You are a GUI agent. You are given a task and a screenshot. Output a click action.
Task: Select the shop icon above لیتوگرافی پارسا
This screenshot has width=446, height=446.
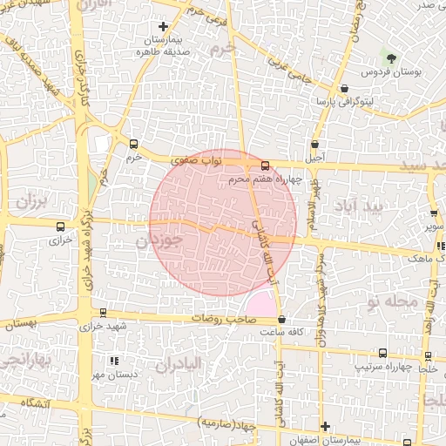click(x=345, y=88)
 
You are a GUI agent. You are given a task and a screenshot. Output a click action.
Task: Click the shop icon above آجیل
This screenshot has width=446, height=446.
click(x=314, y=144)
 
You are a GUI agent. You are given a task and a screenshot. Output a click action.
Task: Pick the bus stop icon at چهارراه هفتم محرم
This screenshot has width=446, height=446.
click(x=265, y=166)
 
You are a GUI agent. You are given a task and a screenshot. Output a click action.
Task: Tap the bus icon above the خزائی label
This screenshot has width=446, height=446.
click(x=59, y=224)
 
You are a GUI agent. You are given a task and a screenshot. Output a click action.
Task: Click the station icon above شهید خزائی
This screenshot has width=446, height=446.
click(x=104, y=313)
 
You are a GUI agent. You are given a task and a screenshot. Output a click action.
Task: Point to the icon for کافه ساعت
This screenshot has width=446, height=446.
click(x=281, y=320)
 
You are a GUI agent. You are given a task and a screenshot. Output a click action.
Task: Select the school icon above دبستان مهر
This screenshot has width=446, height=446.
click(x=113, y=360)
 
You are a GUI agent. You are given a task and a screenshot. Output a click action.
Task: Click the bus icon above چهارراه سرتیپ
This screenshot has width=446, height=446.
click(x=382, y=353)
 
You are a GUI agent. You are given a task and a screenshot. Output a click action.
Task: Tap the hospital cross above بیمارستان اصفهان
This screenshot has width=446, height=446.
click(x=325, y=426)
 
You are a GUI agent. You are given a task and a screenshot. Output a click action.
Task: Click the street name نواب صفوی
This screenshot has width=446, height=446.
click(x=182, y=160)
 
